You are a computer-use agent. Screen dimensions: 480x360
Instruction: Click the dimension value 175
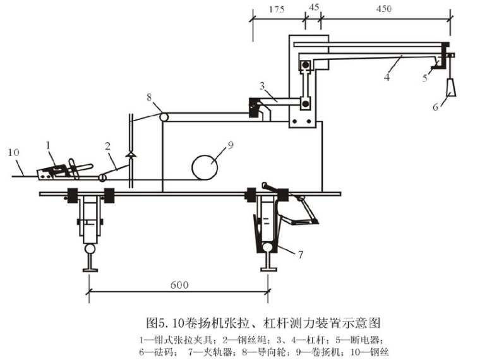277,9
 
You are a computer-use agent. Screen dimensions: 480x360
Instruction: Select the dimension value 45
315,7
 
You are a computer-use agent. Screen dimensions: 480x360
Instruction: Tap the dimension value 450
384,9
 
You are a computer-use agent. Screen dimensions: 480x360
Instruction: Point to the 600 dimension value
179,285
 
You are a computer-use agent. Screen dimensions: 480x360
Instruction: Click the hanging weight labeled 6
450,87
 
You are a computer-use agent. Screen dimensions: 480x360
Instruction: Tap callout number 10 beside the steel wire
13,152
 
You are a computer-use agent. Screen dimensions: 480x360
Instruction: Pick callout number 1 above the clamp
48,145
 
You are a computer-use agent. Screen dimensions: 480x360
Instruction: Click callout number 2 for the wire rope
107,147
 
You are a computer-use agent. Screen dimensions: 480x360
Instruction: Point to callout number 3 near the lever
262,86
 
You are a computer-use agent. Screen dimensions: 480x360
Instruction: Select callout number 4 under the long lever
387,76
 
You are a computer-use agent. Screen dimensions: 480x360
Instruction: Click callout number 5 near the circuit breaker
425,78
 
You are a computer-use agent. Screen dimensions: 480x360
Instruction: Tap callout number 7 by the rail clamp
300,254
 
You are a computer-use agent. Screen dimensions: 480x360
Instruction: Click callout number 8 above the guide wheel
149,97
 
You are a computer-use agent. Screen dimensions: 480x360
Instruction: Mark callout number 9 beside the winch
231,145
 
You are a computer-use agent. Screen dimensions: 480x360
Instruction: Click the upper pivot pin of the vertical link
305,66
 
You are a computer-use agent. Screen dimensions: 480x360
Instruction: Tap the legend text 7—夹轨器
213,352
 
